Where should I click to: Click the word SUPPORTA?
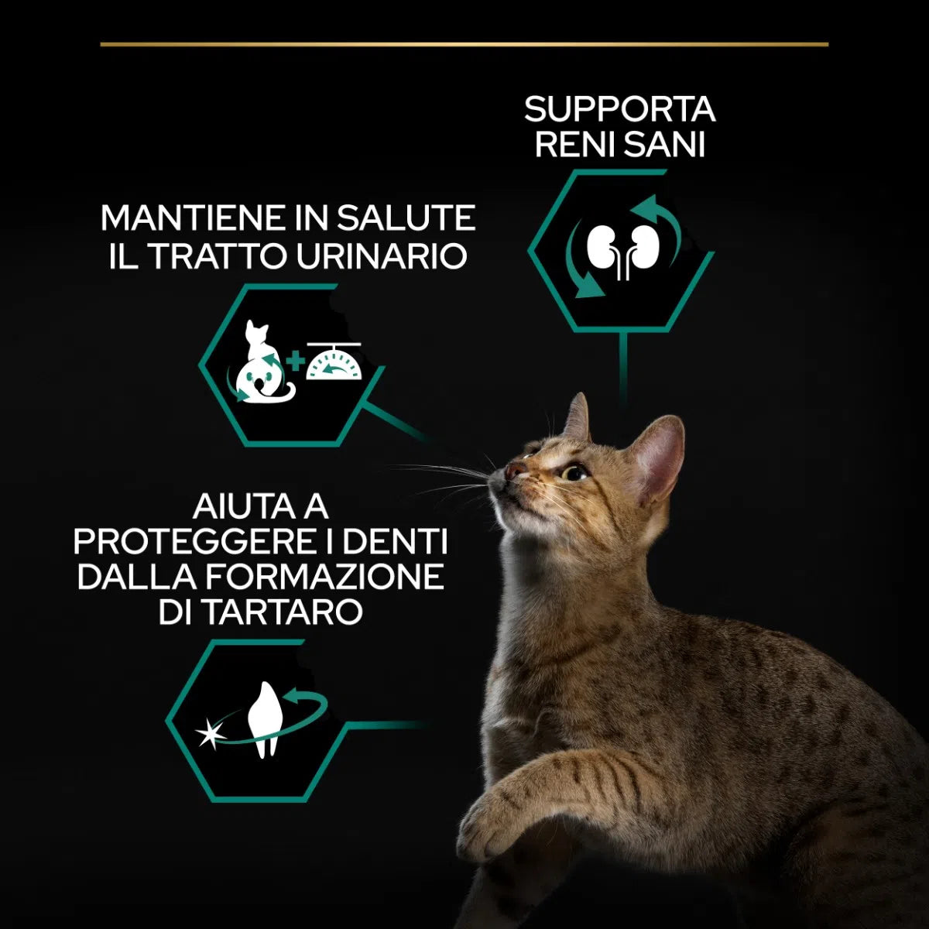pos(619,109)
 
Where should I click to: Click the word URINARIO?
pos(382,256)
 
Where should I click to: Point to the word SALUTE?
pos(406,218)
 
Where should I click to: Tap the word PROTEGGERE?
pos(193,542)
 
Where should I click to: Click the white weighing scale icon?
pos(334,362)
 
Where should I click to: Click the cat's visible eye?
pos(575,472)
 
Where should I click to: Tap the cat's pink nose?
pos(514,469)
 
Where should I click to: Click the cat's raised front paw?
pos(487,820)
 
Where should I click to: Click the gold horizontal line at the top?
pos(464,44)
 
